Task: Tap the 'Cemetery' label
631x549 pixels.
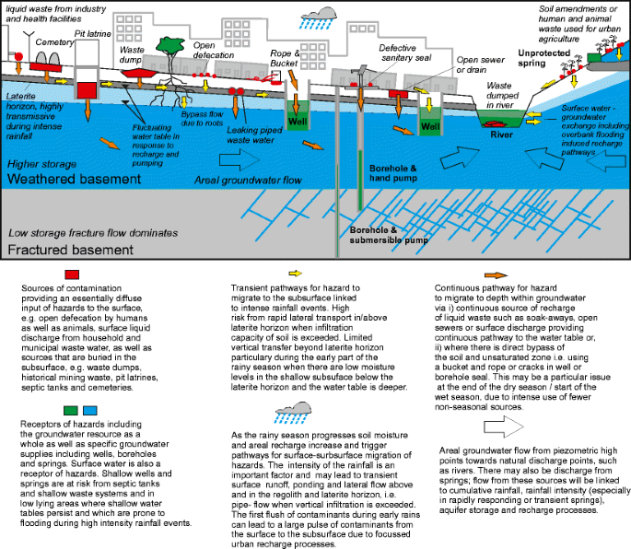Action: tap(53, 42)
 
